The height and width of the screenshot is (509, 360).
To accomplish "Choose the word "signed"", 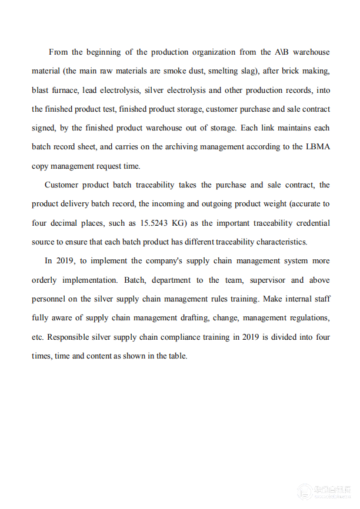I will pos(43,128).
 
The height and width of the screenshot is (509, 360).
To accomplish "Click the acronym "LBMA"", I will pos(318,147).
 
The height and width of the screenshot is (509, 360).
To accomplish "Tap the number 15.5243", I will pos(156,223).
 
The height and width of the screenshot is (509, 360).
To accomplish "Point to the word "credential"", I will pos(310,223).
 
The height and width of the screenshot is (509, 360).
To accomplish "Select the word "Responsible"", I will pos(69,337).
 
